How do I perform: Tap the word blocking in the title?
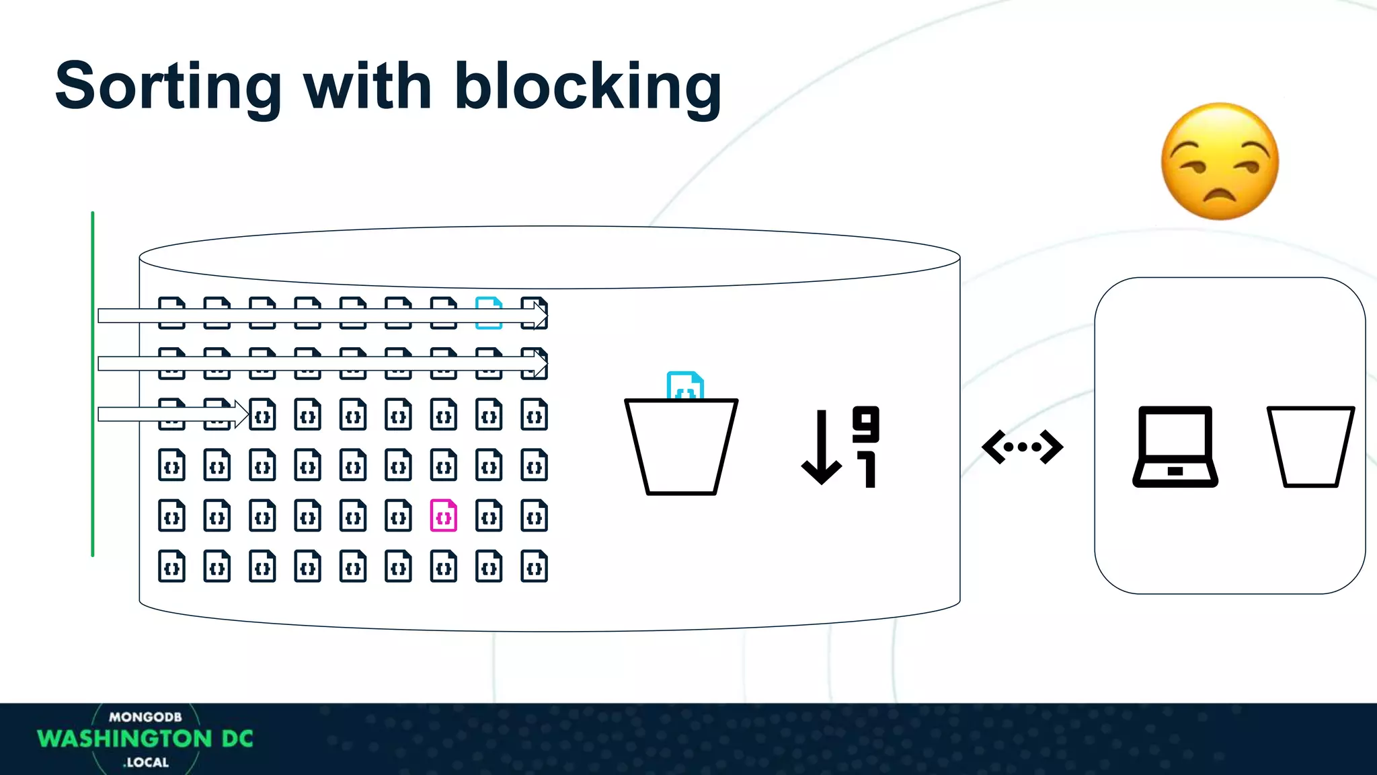(588, 87)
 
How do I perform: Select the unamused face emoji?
(1220, 161)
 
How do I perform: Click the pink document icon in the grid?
(444, 516)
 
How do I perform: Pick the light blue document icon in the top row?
(489, 312)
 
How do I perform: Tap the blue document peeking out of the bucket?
(684, 385)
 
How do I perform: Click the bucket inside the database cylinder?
(681, 447)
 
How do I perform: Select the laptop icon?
(1175, 447)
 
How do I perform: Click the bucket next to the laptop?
(1310, 447)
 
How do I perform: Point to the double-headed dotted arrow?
(1023, 447)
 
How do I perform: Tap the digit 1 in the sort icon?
(868, 470)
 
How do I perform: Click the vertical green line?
(93, 383)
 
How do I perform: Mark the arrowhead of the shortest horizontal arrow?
(242, 414)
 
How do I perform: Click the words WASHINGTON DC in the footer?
(145, 739)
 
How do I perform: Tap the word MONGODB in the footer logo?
(145, 717)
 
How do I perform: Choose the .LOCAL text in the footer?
(146, 762)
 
